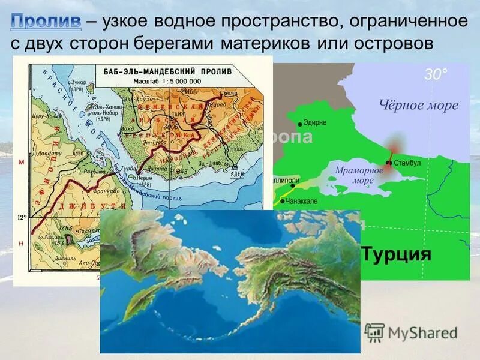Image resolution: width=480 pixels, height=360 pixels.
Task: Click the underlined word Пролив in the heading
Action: coord(46,22)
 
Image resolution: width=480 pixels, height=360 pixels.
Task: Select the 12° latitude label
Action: coord(22,217)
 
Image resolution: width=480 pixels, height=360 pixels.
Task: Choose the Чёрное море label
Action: coord(419,106)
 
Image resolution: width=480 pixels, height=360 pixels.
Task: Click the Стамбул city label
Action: coord(408,163)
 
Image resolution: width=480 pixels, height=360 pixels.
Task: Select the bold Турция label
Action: coord(397,253)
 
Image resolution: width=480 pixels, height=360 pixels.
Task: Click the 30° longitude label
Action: coord(436,74)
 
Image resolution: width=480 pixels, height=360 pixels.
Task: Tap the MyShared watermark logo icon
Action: coord(375,332)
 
